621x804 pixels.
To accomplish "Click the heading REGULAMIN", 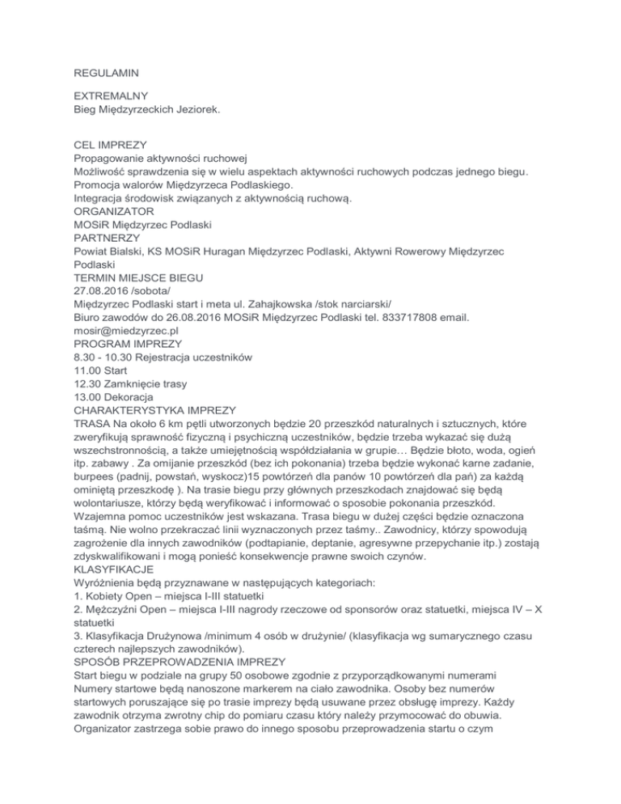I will [108, 59].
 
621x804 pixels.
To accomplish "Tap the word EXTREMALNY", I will [116, 95].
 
